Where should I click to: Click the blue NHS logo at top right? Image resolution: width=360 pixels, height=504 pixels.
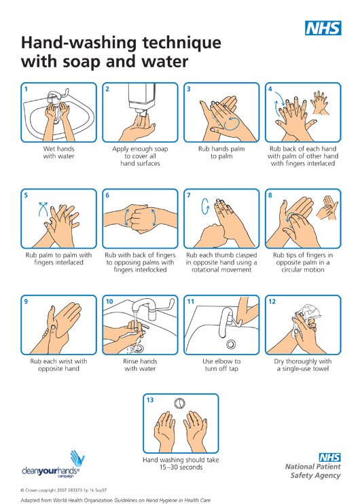point(323,28)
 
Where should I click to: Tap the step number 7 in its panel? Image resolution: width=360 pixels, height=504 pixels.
point(189,195)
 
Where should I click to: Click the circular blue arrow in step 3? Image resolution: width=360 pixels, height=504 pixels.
point(232,124)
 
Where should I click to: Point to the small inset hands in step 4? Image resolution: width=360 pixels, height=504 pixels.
point(320,103)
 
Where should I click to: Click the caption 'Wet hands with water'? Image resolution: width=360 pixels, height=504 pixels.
point(59,152)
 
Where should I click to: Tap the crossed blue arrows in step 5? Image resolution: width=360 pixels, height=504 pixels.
point(43,209)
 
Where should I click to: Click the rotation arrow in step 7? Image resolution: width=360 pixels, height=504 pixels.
point(204,206)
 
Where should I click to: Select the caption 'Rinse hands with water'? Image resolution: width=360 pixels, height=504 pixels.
point(140,365)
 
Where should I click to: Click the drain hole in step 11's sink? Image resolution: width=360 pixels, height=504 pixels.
point(230,344)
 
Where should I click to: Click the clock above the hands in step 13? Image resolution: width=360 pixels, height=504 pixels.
point(180,403)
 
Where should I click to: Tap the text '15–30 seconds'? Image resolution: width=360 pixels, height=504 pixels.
point(181,467)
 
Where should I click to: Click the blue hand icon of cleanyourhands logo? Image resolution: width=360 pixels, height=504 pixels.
point(77,458)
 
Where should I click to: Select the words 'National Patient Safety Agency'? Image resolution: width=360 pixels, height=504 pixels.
point(312,471)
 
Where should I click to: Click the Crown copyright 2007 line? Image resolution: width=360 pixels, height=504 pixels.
point(63,490)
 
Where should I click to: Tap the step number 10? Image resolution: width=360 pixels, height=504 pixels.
point(109,302)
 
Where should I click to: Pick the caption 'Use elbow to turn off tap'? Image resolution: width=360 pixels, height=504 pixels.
point(221,365)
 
